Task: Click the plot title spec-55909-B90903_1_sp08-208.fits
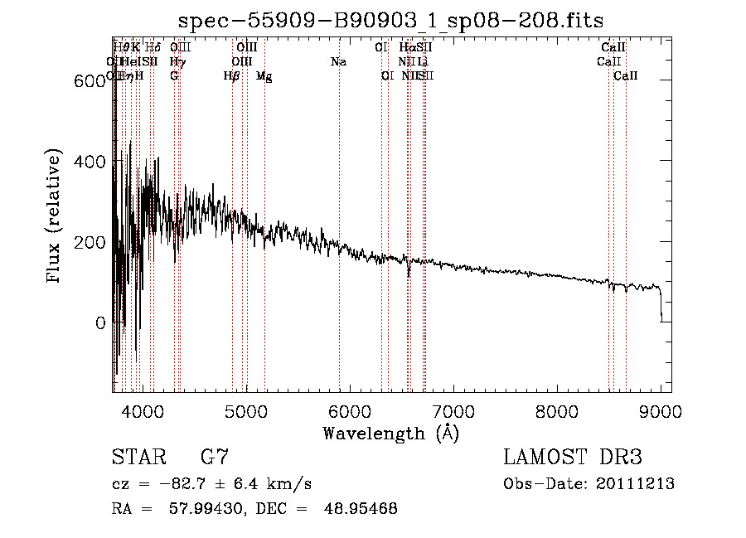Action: pyautogui.click(x=390, y=20)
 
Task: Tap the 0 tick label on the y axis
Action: pyautogui.click(x=100, y=322)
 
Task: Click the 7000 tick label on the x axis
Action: pyautogui.click(x=453, y=410)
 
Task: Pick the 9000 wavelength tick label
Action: pyautogui.click(x=661, y=410)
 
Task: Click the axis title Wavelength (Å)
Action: pyautogui.click(x=390, y=433)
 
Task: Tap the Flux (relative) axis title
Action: pyautogui.click(x=56, y=217)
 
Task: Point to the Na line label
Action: pyautogui.click(x=338, y=62)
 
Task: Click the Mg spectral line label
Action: pyautogui.click(x=264, y=76)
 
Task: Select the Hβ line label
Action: pyautogui.click(x=232, y=76)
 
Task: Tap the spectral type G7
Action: pyautogui.click(x=215, y=458)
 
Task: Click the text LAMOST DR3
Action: pyautogui.click(x=573, y=458)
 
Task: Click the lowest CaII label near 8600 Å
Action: pyautogui.click(x=626, y=76)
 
